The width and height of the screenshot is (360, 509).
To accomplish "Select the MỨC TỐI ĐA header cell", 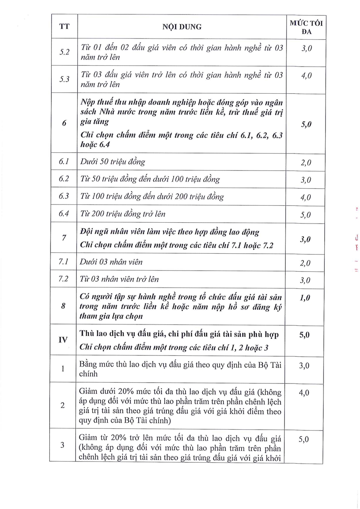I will click(x=306, y=27).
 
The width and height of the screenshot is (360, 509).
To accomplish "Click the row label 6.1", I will click(x=63, y=162).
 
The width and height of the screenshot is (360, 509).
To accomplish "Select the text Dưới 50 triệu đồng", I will click(x=112, y=162).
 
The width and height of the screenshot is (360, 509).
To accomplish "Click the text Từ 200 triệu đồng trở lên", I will click(x=123, y=214).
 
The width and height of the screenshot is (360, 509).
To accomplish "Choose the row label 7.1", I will click(x=63, y=262).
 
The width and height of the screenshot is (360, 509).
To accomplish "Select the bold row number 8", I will click(x=63, y=306).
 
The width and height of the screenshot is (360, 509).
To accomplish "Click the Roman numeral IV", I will click(x=63, y=340).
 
